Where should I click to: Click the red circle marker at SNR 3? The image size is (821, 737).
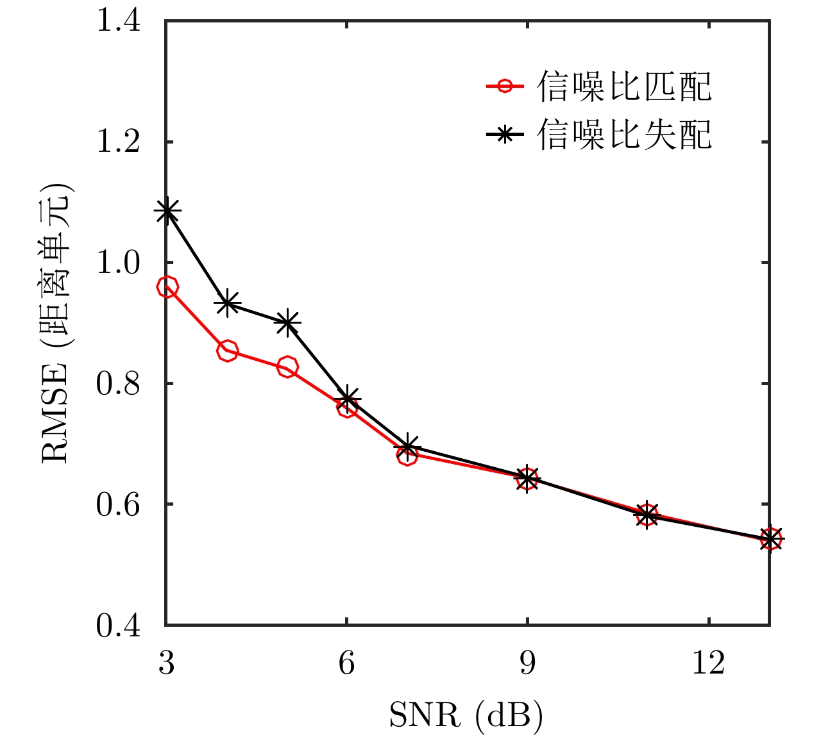(167, 287)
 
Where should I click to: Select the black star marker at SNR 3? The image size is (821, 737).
(167, 210)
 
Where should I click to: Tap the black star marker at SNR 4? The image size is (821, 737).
(227, 304)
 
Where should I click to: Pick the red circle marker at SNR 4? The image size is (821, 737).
(227, 351)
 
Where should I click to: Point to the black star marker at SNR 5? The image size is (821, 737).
(287, 322)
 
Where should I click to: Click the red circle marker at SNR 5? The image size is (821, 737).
(287, 367)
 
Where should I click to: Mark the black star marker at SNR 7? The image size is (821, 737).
(408, 446)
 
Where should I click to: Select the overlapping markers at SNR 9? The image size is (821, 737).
(527, 478)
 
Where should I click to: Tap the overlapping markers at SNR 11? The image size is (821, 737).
(648, 515)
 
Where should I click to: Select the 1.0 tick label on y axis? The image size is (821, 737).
(118, 263)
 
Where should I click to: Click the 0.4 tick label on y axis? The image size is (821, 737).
(118, 625)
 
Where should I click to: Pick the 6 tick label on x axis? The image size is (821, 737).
(347, 663)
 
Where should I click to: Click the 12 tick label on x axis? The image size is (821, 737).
(708, 663)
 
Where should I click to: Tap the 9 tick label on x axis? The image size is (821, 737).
(527, 663)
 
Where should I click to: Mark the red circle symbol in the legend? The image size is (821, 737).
(505, 86)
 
